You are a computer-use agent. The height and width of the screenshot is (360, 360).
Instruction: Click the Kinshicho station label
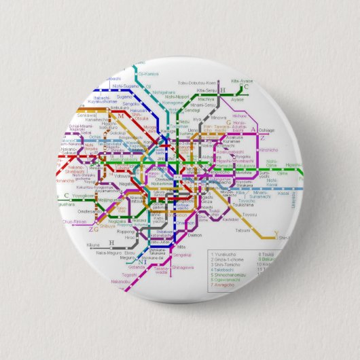pos(268,149)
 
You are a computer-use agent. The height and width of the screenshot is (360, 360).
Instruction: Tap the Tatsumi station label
pos(242,230)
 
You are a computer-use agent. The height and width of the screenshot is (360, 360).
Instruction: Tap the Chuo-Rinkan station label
pos(75,221)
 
